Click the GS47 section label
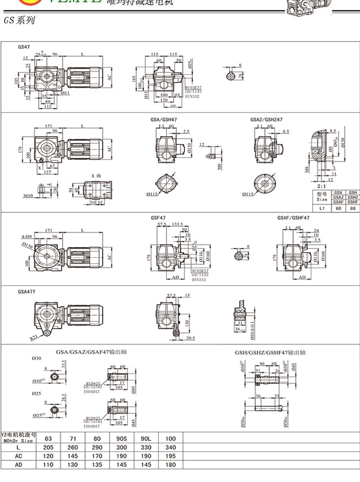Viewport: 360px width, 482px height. (x=24, y=47)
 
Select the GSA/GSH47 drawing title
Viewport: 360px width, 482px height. (x=164, y=119)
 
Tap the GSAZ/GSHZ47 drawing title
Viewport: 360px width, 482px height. (x=266, y=119)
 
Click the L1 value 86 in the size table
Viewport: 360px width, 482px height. (x=352, y=208)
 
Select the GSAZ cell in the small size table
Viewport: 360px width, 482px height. (x=338, y=197)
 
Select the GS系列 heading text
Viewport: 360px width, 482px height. (x=19, y=21)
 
